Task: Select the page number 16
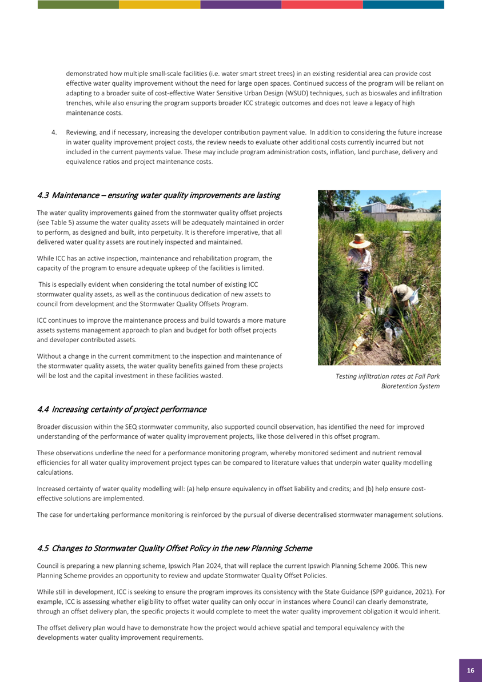click(470, 670)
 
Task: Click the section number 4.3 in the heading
click(43, 195)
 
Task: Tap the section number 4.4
click(43, 409)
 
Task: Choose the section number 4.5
click(43, 548)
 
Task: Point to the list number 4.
click(54, 133)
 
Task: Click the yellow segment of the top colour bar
click(160, 4)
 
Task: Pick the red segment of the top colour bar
click(322, 4)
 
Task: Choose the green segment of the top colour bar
click(78, 4)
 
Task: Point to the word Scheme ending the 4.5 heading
click(297, 548)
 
